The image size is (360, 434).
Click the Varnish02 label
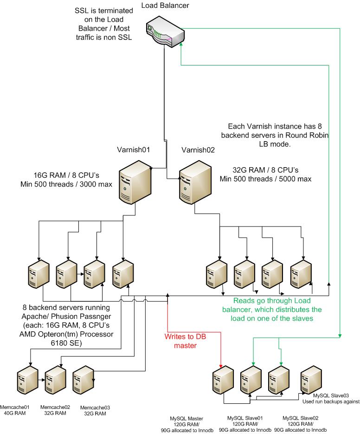coord(194,150)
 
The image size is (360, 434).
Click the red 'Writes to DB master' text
coord(182,340)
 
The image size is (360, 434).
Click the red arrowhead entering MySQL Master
coord(220,365)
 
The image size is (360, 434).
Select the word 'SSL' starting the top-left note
coord(81,11)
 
